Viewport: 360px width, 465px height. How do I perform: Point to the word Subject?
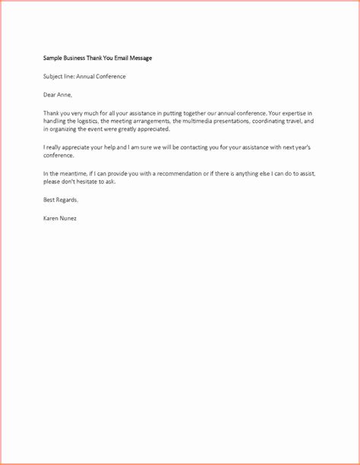(x=54, y=76)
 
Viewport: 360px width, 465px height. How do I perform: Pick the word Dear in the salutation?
(x=50, y=94)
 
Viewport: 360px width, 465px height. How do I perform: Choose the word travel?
(x=302, y=121)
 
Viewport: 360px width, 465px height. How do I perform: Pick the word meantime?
(x=77, y=174)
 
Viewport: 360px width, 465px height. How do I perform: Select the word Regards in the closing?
(x=67, y=200)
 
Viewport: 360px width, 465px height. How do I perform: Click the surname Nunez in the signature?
(x=65, y=218)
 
